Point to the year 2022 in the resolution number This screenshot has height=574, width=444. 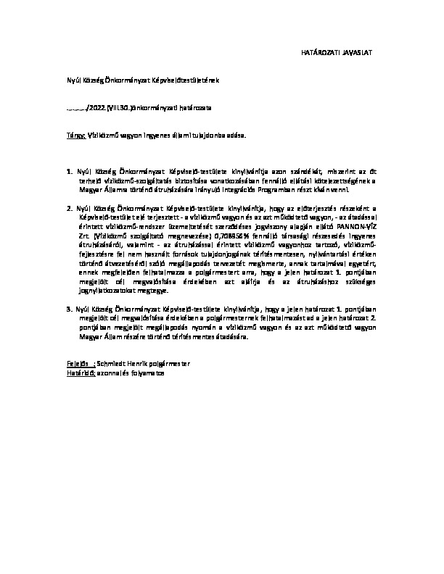[96, 107]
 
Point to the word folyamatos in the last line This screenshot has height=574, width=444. [149, 372]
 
